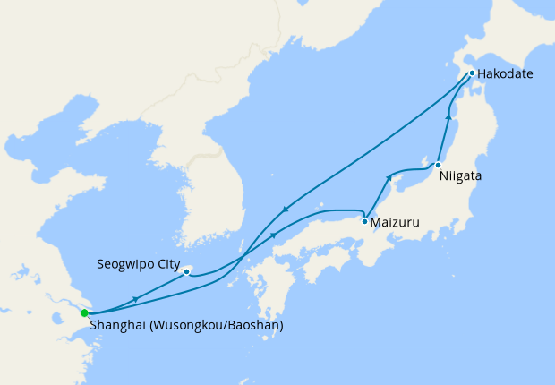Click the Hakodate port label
point(505,73)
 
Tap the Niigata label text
point(460,176)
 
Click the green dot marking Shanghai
point(84,313)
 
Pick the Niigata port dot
point(437,166)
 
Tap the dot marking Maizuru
point(364,220)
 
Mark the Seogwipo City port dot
point(186,270)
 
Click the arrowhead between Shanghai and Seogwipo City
point(135,298)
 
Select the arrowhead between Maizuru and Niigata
point(389,178)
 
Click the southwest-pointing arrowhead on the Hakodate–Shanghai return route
point(285,210)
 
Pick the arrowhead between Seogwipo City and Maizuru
point(274,235)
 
